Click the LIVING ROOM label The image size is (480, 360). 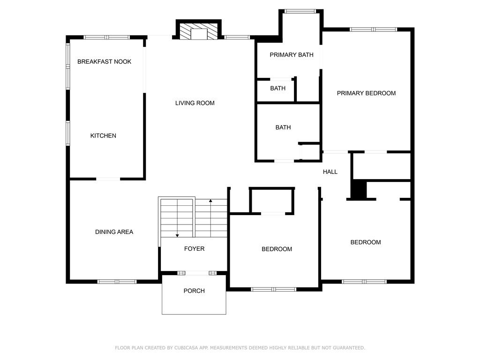195,103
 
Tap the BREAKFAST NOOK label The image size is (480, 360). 104,61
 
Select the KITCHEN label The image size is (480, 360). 103,135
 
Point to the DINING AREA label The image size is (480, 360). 114,232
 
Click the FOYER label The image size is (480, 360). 194,249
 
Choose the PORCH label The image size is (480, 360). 194,291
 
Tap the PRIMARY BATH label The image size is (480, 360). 292,55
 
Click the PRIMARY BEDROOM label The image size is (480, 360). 366,93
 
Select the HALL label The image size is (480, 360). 330,172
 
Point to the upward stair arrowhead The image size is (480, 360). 210,201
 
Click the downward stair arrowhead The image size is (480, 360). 177,235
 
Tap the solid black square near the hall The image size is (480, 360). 359,190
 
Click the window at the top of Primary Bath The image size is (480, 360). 300,11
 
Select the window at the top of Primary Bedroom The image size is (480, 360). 374,30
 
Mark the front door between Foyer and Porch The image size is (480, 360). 197,273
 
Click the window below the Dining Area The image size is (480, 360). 117,282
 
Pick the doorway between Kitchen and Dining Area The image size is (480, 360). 108,179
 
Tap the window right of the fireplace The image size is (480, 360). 237,37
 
